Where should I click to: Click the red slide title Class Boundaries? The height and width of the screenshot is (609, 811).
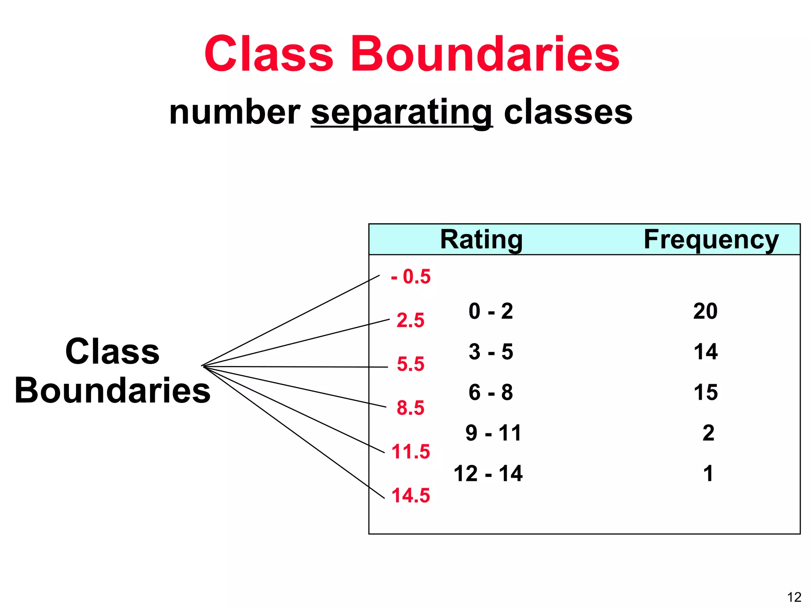[412, 54]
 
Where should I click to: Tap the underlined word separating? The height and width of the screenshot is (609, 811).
[402, 113]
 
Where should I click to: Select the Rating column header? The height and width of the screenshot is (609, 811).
[481, 239]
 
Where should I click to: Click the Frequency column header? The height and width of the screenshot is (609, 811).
[711, 239]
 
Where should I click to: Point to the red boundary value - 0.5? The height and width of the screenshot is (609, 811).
[411, 276]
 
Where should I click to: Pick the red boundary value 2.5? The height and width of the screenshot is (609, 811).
[411, 320]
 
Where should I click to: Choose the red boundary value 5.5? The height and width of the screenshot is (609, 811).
[411, 364]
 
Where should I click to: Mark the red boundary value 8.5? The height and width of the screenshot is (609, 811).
[411, 408]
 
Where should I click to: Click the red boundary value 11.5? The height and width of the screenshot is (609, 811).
[411, 452]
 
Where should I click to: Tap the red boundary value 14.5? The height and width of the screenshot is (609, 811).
[411, 496]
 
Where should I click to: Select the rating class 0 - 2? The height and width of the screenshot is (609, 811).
[491, 311]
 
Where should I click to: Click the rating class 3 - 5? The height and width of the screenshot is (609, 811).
[491, 352]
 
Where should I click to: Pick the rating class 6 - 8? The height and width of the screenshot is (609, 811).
[491, 393]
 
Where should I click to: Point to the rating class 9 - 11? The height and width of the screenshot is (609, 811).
[493, 433]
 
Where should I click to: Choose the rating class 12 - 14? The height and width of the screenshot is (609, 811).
[488, 473]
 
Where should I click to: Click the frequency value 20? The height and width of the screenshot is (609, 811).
[705, 311]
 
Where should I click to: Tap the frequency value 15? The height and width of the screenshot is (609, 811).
[706, 393]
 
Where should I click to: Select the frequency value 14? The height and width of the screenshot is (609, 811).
[706, 352]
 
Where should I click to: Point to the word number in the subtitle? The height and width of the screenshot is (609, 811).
[234, 113]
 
